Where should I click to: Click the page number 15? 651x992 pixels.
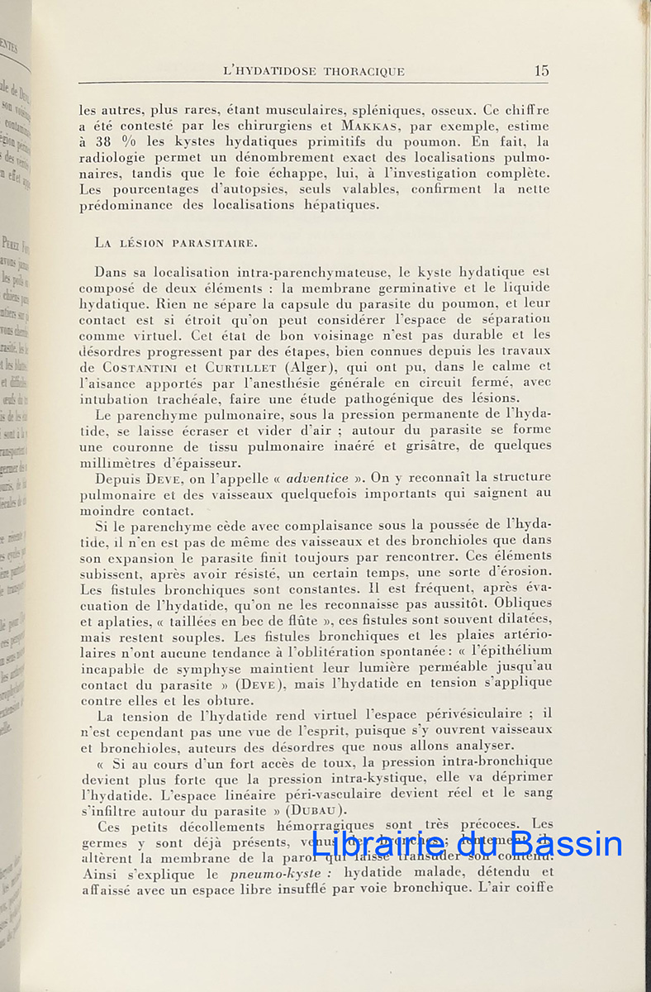[541, 71]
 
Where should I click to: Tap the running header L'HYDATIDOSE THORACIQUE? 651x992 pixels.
[314, 72]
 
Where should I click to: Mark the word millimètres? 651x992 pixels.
[118, 463]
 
